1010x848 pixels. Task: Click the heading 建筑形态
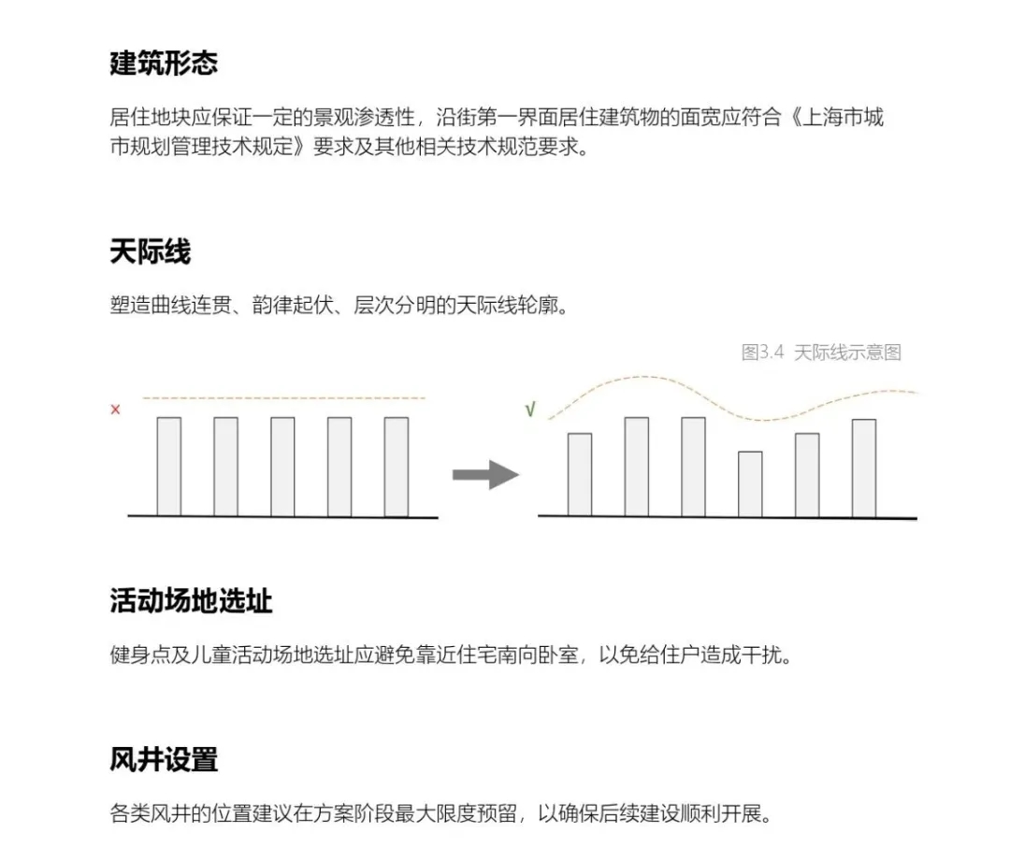(164, 63)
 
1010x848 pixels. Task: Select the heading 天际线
(150, 252)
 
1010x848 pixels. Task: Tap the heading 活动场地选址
(191, 601)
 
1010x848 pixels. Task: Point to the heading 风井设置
(164, 759)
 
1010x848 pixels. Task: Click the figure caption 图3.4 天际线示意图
(821, 352)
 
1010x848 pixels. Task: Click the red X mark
(115, 410)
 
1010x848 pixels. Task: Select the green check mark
(530, 410)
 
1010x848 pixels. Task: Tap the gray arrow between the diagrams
(485, 475)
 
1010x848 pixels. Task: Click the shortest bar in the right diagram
(750, 484)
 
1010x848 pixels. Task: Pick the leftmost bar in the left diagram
(168, 467)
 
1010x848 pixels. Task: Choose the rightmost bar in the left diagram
(397, 467)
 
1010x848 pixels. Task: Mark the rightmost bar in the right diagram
(864, 468)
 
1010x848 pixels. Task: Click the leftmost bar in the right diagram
(580, 475)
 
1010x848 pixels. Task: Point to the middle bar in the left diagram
(282, 467)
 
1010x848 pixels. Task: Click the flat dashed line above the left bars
(283, 398)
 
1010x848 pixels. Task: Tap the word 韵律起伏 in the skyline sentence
(293, 305)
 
